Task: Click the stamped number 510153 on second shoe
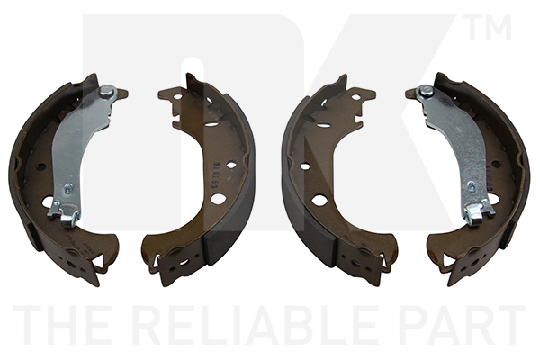[x=216, y=175]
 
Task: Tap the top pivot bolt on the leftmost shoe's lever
[x=106, y=91]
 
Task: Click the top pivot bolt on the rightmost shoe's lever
[x=426, y=91]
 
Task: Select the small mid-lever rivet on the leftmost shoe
[x=68, y=188]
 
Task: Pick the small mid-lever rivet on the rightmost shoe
[x=472, y=187]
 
